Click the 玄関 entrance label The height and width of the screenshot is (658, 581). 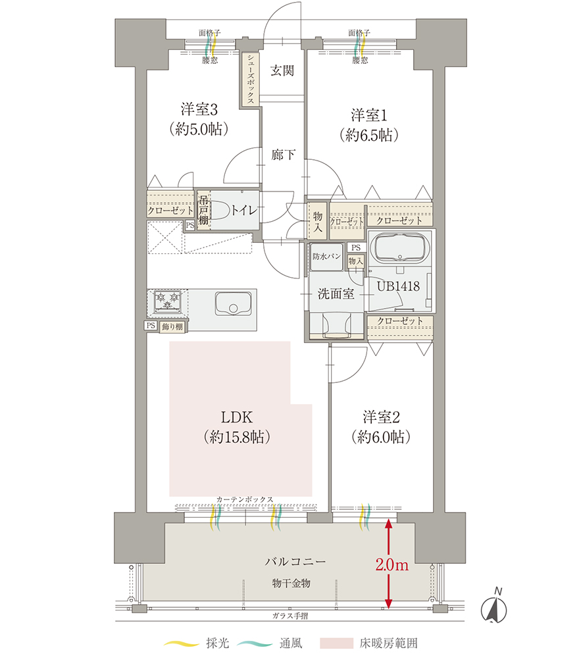[282, 70]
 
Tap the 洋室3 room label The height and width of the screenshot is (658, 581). [199, 109]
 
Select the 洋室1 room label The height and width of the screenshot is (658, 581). [369, 115]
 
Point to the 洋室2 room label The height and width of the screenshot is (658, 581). [382, 417]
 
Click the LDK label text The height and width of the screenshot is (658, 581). [237, 418]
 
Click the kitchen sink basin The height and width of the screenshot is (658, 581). [233, 304]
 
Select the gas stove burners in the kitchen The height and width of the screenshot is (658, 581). [167, 301]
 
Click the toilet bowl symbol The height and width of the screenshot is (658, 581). [220, 210]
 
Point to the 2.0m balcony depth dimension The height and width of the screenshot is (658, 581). [392, 565]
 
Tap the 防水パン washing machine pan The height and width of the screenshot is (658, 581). [326, 257]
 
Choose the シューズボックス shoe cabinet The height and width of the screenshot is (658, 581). [251, 79]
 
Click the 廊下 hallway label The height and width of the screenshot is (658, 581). [283, 155]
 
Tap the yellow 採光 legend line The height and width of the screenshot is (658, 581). [181, 644]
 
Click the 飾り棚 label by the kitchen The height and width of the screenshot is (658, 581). [172, 326]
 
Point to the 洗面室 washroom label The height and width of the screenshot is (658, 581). [336, 293]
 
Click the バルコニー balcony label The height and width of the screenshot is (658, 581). [295, 561]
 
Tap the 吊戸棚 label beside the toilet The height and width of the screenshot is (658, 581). [203, 209]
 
